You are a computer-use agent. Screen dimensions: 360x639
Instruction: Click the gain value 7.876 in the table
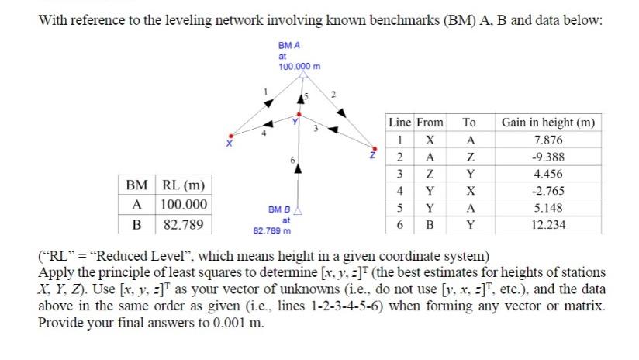(x=549, y=140)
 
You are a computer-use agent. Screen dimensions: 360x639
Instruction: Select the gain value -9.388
(x=549, y=157)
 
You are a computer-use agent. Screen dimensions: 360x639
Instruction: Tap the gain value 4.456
(x=549, y=174)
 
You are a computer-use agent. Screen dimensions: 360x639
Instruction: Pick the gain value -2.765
(x=549, y=191)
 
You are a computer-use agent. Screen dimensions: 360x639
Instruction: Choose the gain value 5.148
(x=549, y=208)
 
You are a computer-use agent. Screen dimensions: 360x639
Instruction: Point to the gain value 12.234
(x=549, y=225)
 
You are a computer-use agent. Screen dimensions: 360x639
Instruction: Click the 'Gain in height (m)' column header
(x=549, y=123)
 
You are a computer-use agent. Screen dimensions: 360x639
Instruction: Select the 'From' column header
(x=430, y=123)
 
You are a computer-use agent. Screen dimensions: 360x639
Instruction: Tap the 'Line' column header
(x=399, y=123)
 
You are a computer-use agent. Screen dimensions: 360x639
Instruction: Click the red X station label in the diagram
(x=228, y=144)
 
